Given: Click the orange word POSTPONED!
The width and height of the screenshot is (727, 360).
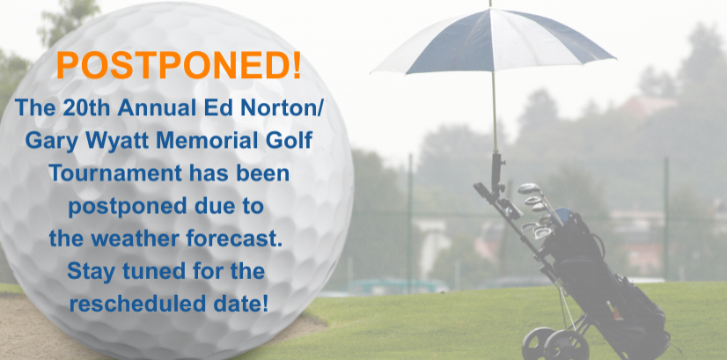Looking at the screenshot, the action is coord(179,65).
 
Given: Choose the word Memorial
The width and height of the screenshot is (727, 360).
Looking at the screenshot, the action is coord(212,140).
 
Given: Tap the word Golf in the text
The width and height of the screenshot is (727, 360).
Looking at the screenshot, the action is coord(293,140).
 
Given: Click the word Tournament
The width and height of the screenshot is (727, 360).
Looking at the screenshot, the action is coord(115,173).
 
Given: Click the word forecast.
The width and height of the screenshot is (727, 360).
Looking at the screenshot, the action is coord(234,239).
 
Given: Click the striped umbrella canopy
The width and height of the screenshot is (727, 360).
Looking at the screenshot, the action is coord(493,40).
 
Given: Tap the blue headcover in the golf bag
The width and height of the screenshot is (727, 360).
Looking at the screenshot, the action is coord(562,216).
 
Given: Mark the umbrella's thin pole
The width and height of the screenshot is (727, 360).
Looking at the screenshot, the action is coord(495,111).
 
